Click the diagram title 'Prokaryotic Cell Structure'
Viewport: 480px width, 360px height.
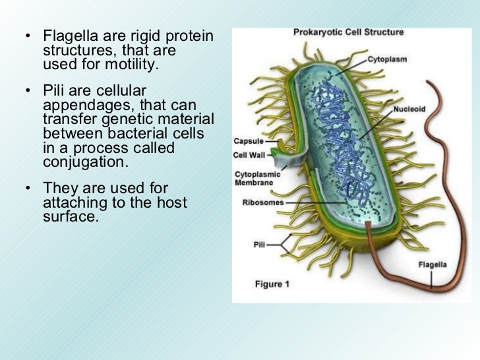click(x=348, y=32)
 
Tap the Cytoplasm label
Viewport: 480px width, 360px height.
click(x=387, y=59)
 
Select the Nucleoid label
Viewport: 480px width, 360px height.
click(x=410, y=109)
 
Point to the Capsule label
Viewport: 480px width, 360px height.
click(x=248, y=142)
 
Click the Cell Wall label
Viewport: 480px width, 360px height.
click(x=249, y=155)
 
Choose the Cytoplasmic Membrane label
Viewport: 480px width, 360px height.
click(x=257, y=177)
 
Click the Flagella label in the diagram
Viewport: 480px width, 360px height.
click(x=433, y=265)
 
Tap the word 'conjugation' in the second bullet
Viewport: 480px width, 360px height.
click(x=84, y=162)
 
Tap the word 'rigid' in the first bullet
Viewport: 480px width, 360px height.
click(x=132, y=35)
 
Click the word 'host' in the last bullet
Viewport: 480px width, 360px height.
click(x=171, y=202)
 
